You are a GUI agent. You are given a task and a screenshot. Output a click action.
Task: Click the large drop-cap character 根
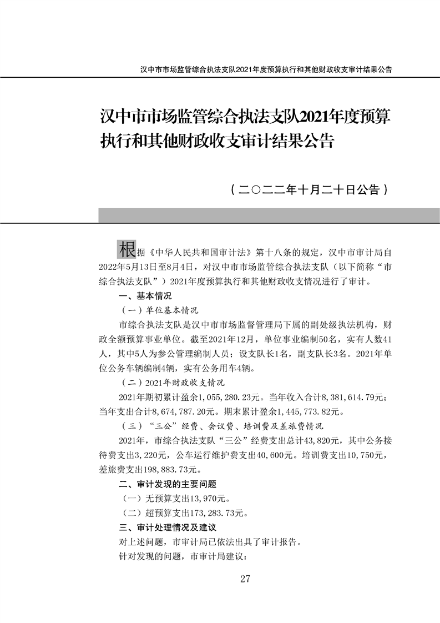point(126,249)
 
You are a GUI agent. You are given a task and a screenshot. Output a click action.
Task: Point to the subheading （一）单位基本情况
point(160,310)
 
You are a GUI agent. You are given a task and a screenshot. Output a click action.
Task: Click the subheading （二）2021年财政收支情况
point(173,383)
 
